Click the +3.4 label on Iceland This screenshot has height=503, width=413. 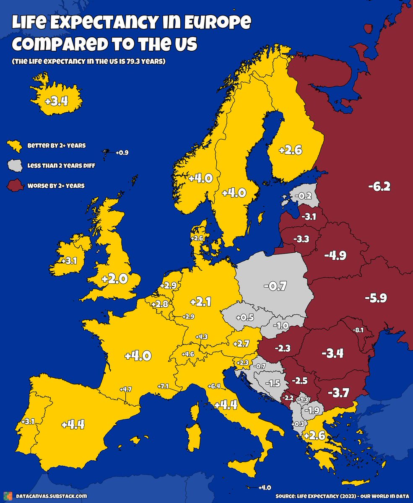pyautogui.click(x=56, y=101)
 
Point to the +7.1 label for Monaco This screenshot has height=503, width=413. pyautogui.click(x=163, y=386)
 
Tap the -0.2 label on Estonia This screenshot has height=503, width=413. pyautogui.click(x=303, y=196)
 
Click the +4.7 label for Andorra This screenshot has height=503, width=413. pyautogui.click(x=125, y=389)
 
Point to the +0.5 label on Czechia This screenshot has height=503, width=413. pyautogui.click(x=244, y=317)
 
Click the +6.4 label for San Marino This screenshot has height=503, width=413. pyautogui.click(x=213, y=386)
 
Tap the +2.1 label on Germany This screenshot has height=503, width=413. pyautogui.click(x=200, y=301)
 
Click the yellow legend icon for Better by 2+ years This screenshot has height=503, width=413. pyautogui.click(x=15, y=146)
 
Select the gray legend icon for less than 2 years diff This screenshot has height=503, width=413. pyautogui.click(x=15, y=165)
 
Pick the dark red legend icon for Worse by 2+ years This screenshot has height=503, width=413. pyautogui.click(x=15, y=185)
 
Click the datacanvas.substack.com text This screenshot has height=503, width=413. pyautogui.click(x=52, y=496)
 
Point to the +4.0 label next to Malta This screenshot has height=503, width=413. pyautogui.click(x=265, y=487)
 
